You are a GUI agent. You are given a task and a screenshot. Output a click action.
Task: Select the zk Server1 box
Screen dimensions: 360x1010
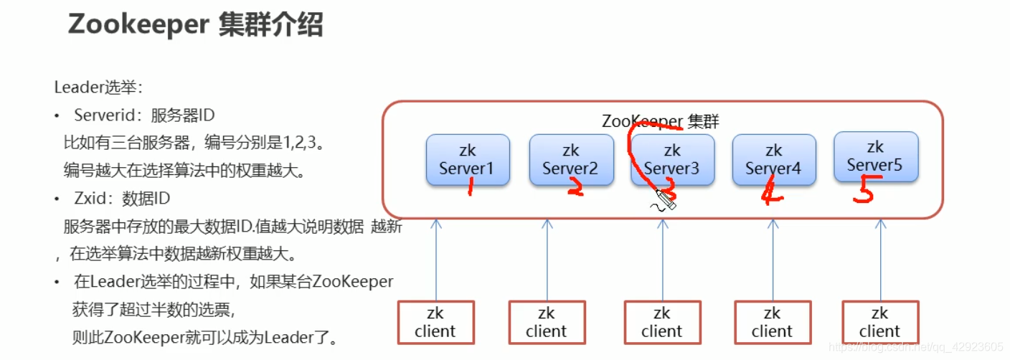(x=468, y=160)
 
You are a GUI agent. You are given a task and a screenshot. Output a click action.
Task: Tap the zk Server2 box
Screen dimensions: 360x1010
(x=571, y=160)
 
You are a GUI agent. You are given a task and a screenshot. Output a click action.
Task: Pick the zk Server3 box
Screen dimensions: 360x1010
(x=672, y=160)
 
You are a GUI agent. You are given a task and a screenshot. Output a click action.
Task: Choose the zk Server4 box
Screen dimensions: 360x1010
(x=773, y=160)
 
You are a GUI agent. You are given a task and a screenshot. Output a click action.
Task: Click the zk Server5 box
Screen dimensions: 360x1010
(x=875, y=156)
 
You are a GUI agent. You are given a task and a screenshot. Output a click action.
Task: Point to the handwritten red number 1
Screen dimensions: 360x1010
(x=471, y=188)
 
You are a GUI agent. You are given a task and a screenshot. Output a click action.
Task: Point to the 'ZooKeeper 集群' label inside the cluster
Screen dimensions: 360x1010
(x=660, y=121)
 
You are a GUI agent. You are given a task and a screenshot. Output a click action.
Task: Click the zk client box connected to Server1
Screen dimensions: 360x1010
(x=435, y=323)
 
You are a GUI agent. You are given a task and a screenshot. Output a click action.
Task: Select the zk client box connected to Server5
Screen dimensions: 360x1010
(x=879, y=323)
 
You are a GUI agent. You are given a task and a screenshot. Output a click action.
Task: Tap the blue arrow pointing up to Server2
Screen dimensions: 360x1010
(x=547, y=258)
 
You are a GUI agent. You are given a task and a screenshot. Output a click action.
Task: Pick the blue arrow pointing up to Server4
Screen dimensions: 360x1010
(x=773, y=258)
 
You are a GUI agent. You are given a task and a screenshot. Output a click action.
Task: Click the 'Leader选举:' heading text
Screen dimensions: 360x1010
(x=99, y=87)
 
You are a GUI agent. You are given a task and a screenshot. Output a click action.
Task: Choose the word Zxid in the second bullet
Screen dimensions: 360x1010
(x=90, y=199)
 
